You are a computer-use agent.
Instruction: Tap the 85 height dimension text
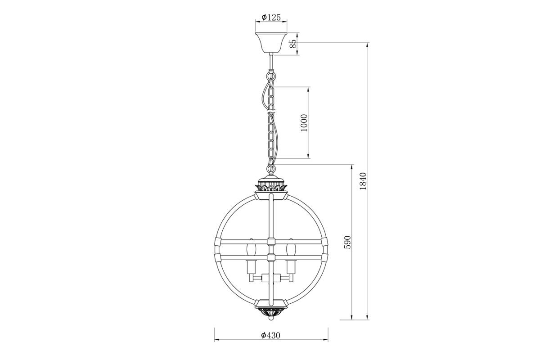[x=293, y=44]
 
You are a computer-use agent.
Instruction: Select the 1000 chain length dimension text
[x=304, y=122]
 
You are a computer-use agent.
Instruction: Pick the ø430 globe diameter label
[x=271, y=335]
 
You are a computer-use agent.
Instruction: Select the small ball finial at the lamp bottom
[x=271, y=319]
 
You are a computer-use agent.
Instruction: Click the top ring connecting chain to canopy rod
[x=271, y=76]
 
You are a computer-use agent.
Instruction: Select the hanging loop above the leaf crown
[x=271, y=169]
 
